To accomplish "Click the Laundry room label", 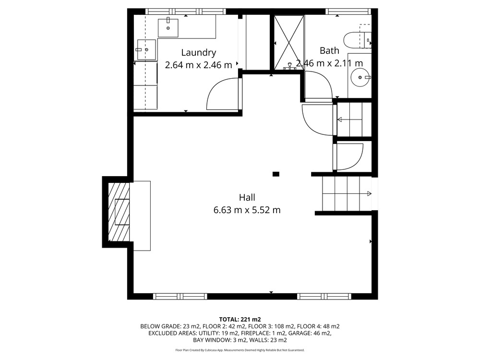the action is (x=198, y=53).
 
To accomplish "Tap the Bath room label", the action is (x=329, y=50).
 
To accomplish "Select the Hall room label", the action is (x=247, y=197).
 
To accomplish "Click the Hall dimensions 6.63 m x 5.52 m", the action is (x=247, y=210).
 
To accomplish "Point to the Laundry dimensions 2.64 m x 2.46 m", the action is (x=198, y=65).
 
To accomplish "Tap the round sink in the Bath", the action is (x=360, y=77).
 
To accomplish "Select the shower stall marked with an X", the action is (x=288, y=43).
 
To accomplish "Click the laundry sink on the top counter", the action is (x=168, y=28).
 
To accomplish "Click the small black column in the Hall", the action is (x=276, y=174).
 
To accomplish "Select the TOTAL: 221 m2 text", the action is (x=240, y=320).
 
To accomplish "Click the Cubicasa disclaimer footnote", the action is (x=240, y=350).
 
